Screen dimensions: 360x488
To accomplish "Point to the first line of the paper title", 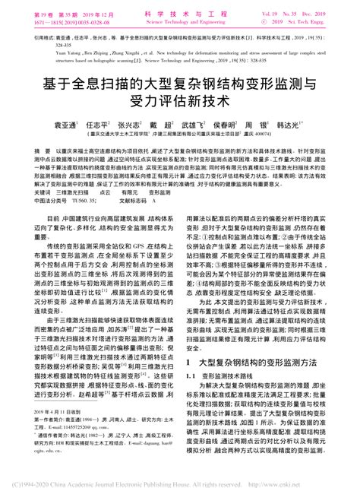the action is coord(180,75).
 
